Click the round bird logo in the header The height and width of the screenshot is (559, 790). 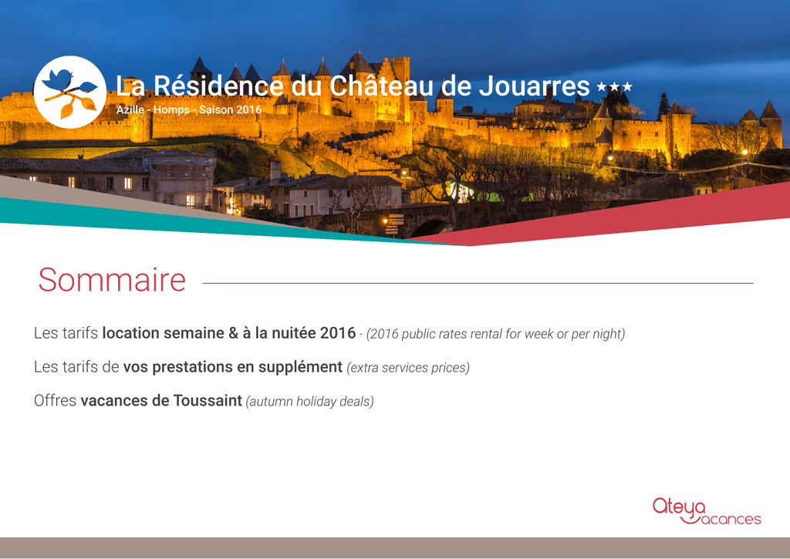tap(70, 93)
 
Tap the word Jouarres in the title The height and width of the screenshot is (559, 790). tap(534, 86)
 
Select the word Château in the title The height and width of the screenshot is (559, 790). tap(381, 85)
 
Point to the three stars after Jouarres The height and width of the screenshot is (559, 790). tap(614, 87)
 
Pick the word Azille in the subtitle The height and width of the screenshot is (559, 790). tap(130, 109)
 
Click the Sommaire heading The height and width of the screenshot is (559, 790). tap(112, 280)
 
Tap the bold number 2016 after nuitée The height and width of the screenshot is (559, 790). tap(338, 333)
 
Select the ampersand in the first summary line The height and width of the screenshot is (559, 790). tap(233, 333)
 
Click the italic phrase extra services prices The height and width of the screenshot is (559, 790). tap(408, 368)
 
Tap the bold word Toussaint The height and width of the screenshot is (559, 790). tap(208, 400)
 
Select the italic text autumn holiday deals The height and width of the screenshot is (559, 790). tap(310, 402)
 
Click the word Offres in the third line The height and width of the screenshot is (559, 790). tap(55, 400)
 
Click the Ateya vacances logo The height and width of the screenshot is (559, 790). tap(707, 512)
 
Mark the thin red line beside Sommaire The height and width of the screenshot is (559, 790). tap(478, 284)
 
